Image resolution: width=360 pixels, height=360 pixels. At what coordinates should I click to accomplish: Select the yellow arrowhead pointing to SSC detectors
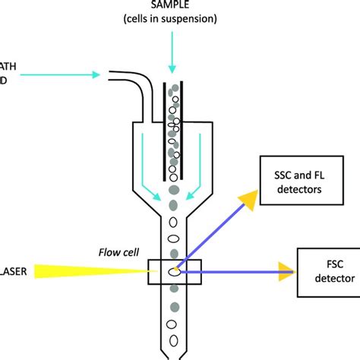point(247,200)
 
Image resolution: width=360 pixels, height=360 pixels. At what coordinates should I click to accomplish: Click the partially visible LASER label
point(8,270)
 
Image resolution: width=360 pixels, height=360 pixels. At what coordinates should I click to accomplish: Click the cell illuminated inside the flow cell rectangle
point(176,269)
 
